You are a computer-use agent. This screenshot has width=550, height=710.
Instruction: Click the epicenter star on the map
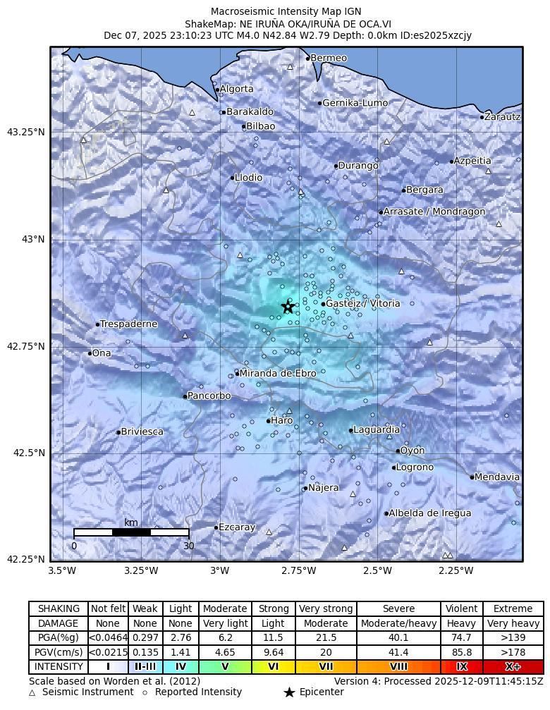[288, 307]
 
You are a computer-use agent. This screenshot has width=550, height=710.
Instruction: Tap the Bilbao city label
[260, 127]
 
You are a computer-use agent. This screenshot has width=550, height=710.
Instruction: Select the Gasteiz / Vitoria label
[362, 304]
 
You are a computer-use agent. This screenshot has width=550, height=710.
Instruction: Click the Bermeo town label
[329, 58]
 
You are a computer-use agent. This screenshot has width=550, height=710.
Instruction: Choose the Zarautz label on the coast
[503, 116]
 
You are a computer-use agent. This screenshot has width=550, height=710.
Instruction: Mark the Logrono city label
[415, 467]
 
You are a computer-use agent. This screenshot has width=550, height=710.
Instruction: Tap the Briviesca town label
[142, 431]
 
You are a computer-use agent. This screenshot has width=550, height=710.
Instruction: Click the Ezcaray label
[236, 527]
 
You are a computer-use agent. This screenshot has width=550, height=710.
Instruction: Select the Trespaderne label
[128, 324]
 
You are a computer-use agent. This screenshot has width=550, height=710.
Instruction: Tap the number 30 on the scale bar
[188, 546]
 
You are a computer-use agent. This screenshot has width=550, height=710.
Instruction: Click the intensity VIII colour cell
[398, 666]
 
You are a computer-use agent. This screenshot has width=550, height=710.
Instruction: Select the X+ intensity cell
[513, 666]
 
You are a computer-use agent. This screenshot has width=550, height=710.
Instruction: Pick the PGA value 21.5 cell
[326, 637]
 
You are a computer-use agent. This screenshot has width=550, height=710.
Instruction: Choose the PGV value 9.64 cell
[273, 652]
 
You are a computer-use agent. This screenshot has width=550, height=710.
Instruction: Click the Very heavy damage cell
[513, 623]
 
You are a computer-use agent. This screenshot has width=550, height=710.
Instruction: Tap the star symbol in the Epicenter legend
[289, 692]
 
